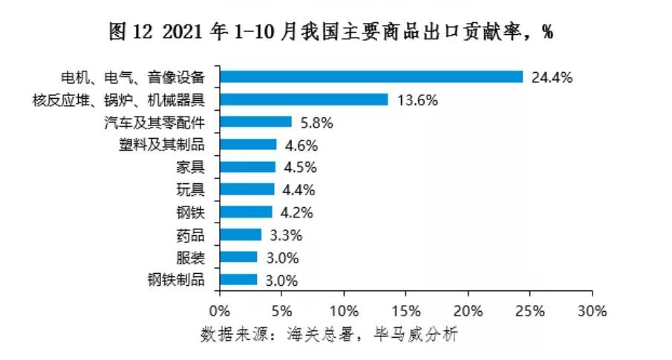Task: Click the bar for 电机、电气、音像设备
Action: tap(371, 76)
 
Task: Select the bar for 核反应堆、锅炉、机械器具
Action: tap(304, 99)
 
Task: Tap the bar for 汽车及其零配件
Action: tap(255, 122)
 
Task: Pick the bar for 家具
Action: tap(247, 167)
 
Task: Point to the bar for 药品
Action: tap(240, 235)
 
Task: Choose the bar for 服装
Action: tap(238, 258)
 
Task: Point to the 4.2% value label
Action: tap(297, 212)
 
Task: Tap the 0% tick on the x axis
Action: tap(220, 309)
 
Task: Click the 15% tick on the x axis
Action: tap(406, 309)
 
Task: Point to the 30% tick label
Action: tap(593, 309)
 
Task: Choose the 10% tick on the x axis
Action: tap(344, 309)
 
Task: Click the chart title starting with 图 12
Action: tap(331, 32)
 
